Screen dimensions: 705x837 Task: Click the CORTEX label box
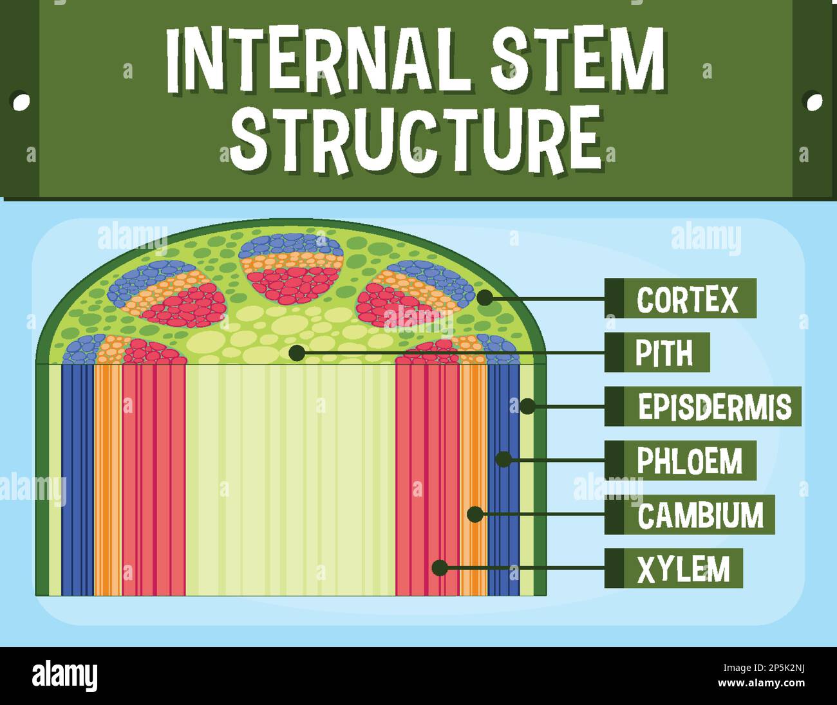(680, 298)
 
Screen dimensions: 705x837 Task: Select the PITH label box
(657, 352)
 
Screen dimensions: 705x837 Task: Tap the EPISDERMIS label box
(702, 407)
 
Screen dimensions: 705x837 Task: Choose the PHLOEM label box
(680, 461)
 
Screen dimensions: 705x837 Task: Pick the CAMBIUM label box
(689, 515)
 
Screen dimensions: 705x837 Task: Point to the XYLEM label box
(673, 569)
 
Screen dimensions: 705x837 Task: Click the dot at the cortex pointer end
(484, 297)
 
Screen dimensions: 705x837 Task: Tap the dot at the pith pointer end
(297, 352)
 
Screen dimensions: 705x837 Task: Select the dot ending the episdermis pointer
(527, 407)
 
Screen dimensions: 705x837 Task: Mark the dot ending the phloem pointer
(503, 459)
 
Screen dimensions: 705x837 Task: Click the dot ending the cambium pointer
(475, 515)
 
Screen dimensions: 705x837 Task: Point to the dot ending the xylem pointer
(440, 568)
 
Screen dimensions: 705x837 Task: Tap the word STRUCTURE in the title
(415, 138)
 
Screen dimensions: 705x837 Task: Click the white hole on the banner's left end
(21, 101)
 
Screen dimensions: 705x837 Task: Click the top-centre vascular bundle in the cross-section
(291, 268)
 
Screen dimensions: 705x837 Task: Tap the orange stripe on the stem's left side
(108, 479)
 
